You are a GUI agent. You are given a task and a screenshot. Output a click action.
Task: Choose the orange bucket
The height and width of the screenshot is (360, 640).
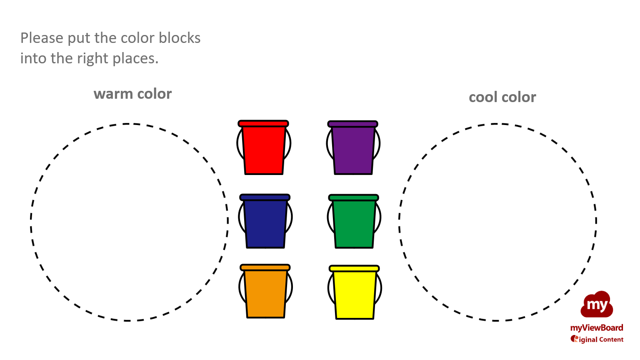[x=265, y=291]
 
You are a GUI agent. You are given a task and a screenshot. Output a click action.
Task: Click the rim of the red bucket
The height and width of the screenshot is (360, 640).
[x=263, y=124]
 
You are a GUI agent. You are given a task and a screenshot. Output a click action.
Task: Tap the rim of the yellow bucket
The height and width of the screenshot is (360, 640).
[x=354, y=269]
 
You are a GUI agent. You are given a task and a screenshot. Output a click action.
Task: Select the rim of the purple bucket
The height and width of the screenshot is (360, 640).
[x=353, y=124]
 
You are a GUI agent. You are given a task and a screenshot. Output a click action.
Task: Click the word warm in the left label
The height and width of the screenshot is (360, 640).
[x=113, y=94]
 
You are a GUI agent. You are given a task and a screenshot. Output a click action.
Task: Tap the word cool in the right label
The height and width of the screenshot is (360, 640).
[x=483, y=97]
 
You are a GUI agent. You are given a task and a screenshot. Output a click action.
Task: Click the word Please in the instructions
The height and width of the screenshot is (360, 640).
[x=42, y=38]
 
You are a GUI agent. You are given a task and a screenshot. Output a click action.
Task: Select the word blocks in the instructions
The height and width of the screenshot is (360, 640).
[x=180, y=38]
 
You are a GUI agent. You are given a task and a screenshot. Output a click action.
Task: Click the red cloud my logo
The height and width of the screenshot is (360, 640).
[x=597, y=305]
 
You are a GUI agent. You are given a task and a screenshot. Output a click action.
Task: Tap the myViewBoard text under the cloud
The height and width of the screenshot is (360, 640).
[x=597, y=328]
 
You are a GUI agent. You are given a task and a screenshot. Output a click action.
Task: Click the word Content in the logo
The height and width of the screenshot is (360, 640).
[x=611, y=340]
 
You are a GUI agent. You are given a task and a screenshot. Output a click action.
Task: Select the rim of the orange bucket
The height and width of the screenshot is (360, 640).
[x=265, y=267]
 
